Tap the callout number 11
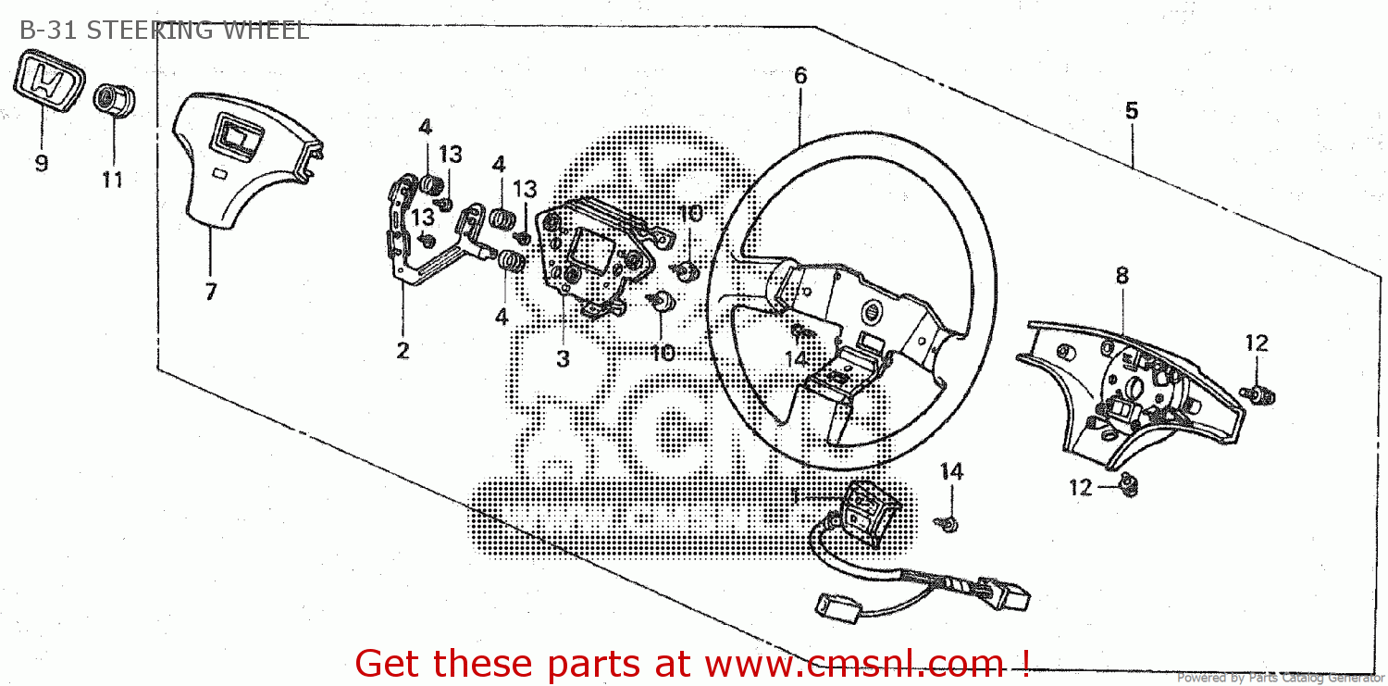pyautogui.click(x=112, y=179)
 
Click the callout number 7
pyautogui.click(x=211, y=293)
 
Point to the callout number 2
pyautogui.click(x=403, y=351)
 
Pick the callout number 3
pyautogui.click(x=564, y=359)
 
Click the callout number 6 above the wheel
pyautogui.click(x=800, y=76)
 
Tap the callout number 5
pyautogui.click(x=1131, y=111)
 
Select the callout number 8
pyautogui.click(x=1122, y=275)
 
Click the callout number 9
pyautogui.click(x=42, y=164)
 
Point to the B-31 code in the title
pyautogui.click(x=45, y=31)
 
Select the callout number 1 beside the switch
pyautogui.click(x=794, y=497)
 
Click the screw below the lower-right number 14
pyautogui.click(x=949, y=525)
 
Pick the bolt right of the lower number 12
pyautogui.click(x=1129, y=484)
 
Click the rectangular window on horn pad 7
pyautogui.click(x=235, y=137)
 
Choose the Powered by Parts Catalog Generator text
pyautogui.click(x=1281, y=679)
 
